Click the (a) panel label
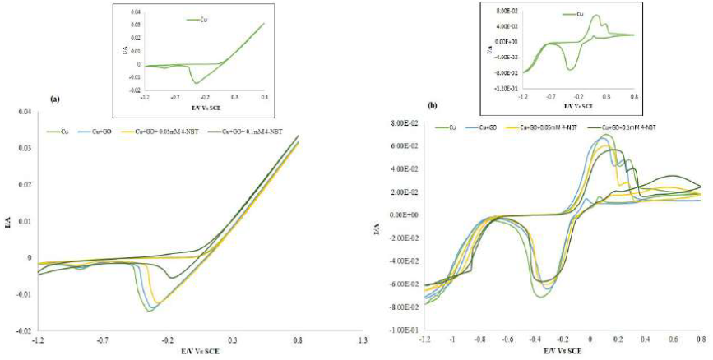tap(55, 99)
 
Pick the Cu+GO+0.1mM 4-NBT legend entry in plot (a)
tap(239, 130)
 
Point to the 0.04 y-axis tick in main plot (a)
tap(24, 112)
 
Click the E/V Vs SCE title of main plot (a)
tap(200, 350)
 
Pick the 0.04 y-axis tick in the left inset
tap(134, 12)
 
